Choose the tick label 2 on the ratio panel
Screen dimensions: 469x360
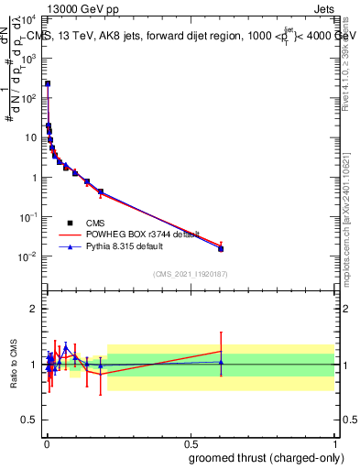(x=35, y=309)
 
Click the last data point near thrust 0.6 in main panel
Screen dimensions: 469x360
(x=221, y=248)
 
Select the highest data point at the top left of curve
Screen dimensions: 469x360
(x=48, y=83)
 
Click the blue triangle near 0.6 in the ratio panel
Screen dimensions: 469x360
(x=221, y=362)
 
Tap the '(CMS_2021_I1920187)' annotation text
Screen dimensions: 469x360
(x=190, y=273)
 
